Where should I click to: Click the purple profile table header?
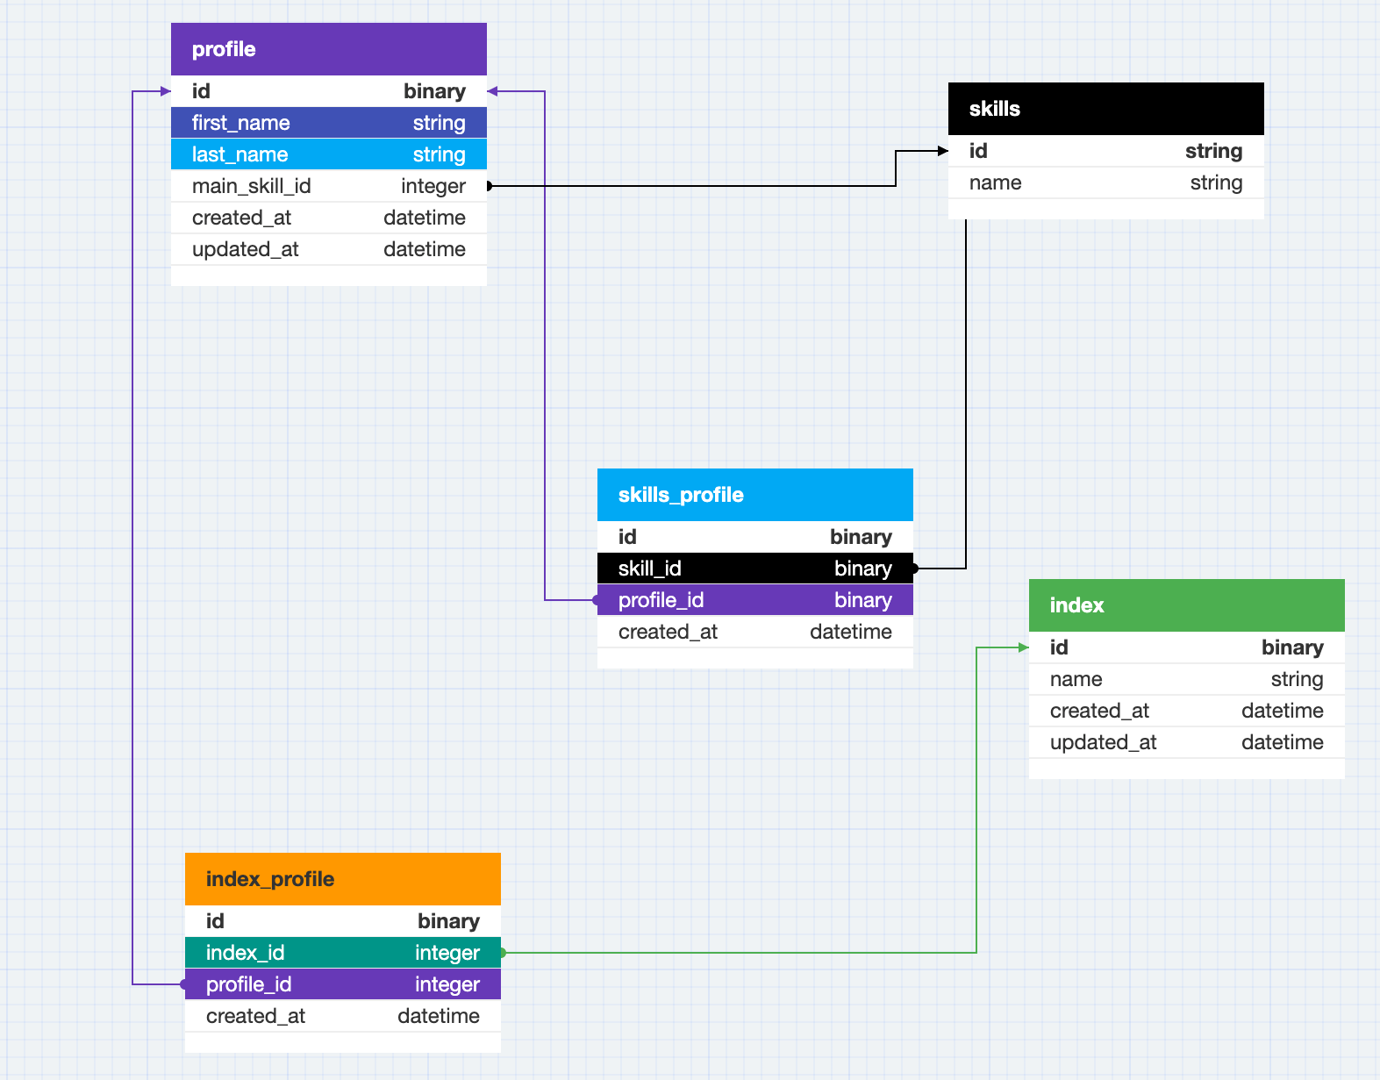pos(224,49)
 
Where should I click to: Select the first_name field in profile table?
pos(241,123)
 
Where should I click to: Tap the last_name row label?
pos(240,154)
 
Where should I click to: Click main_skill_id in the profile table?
pos(251,186)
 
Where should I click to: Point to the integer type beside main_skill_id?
pos(433,186)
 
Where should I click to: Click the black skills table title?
pos(994,109)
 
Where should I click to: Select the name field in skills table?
pos(995,182)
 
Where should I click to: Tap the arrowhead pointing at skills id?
pos(943,151)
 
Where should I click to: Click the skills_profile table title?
pos(680,495)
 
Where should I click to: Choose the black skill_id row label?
pos(649,569)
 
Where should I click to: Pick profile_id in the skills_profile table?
pos(661,600)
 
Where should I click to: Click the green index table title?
pos(1076,605)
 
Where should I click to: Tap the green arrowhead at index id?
pos(1023,647)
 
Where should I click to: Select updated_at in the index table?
pos(1103,742)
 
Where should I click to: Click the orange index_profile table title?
pos(269,879)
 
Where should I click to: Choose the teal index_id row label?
pos(245,953)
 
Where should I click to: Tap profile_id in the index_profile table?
pos(248,984)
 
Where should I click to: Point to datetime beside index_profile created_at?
pos(438,1016)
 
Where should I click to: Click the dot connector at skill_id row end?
pos(914,569)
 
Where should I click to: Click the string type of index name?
pos(1297,679)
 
